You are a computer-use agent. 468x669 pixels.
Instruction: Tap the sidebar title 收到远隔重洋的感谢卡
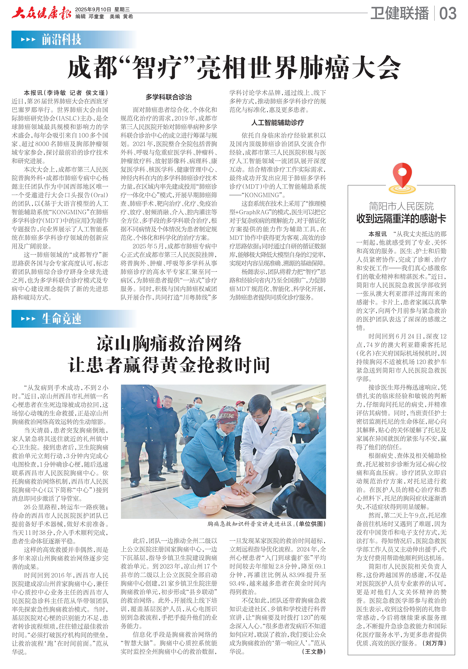[401, 219]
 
